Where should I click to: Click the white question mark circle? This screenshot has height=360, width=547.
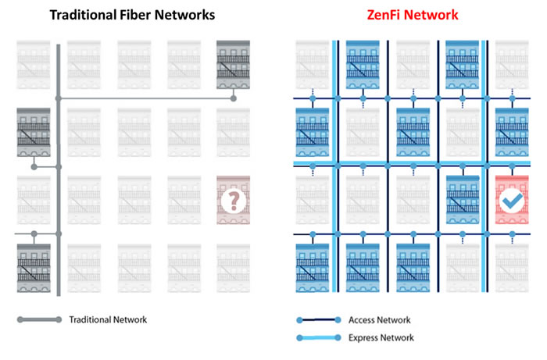pyautogui.click(x=232, y=201)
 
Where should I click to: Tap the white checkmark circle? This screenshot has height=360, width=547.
pyautogui.click(x=511, y=201)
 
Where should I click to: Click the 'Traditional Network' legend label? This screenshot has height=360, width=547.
pyautogui.click(x=108, y=319)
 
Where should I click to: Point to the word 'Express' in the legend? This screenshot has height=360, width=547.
pyautogui.click(x=366, y=338)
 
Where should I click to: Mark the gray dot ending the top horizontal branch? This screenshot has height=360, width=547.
pyautogui.click(x=233, y=99)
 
